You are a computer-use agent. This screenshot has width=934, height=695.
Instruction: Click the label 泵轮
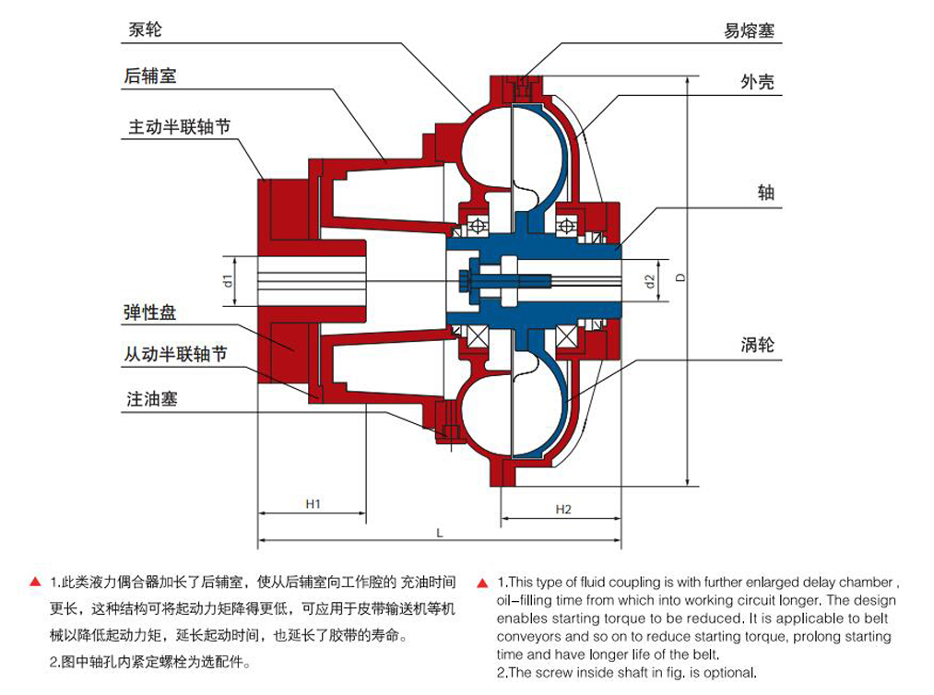[145, 29]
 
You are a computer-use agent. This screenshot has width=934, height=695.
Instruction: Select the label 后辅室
[150, 77]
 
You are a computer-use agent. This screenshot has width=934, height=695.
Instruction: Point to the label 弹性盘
[149, 313]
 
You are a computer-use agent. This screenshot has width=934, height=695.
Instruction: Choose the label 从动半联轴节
[175, 354]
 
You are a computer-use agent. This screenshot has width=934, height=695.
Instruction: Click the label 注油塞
[151, 399]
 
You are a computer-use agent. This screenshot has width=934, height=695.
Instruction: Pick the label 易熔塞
[749, 30]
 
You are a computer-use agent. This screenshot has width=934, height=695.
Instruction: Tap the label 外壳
[757, 82]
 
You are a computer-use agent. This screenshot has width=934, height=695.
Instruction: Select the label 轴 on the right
[765, 193]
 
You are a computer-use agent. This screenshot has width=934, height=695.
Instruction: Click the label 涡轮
[757, 345]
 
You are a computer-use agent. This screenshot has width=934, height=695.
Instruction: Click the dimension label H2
[563, 509]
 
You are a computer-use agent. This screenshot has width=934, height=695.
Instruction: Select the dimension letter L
[440, 533]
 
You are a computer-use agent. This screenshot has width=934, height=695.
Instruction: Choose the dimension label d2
[650, 280]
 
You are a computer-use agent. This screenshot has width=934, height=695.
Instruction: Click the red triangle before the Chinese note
[35, 583]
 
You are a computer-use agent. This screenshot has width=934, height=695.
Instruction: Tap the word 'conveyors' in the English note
[527, 637]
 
